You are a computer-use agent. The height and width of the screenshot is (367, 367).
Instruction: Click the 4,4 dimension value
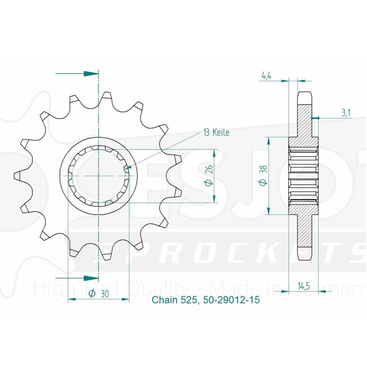point(266,76)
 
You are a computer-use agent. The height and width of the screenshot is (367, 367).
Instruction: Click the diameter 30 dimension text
point(99,294)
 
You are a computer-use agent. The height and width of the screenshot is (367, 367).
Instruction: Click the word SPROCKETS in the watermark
point(231,254)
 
